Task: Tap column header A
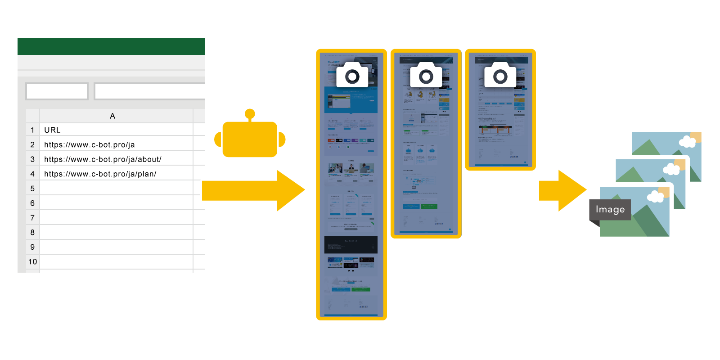coord(112,116)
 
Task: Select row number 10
coord(32,262)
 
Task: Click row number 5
coord(32,189)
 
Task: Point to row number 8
coord(32,233)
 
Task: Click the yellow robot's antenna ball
coord(250,114)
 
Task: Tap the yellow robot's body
coord(250,139)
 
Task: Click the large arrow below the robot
coord(252,190)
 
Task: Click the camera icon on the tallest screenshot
coord(352,76)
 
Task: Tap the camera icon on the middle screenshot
coord(426,76)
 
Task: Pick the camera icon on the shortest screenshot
coord(500,76)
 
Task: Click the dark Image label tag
coord(610,210)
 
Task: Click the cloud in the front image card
coord(655,197)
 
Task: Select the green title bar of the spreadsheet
coord(111,46)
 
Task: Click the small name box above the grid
coord(57,91)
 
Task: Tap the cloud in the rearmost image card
coord(687,142)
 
